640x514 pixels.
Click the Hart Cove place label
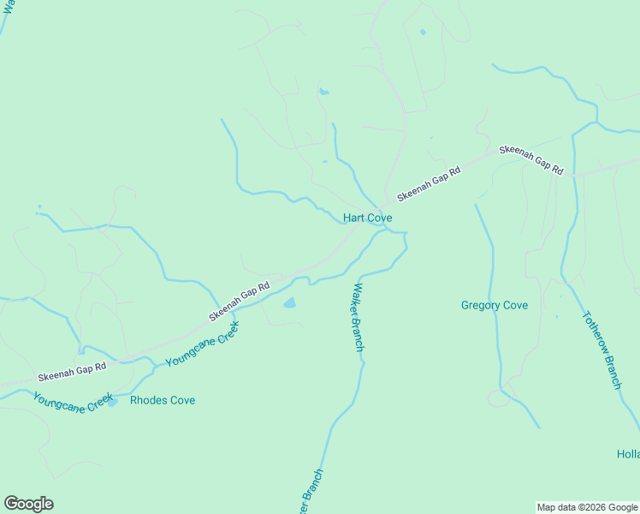point(367,218)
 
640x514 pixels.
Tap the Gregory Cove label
point(494,305)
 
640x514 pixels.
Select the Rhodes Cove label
point(163,400)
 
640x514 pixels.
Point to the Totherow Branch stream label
point(601,350)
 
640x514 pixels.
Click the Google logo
point(28,504)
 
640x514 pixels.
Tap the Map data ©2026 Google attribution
point(586,507)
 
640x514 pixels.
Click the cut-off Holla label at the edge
point(628,454)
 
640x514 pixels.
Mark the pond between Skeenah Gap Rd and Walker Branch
point(289,302)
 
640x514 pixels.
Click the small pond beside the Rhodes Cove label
point(112,403)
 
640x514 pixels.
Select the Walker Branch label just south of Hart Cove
point(358,317)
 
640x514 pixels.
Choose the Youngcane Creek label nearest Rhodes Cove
point(73,402)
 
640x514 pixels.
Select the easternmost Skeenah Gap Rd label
point(531,159)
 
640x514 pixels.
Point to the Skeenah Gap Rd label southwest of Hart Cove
point(240,302)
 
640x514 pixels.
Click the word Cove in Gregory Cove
point(514,305)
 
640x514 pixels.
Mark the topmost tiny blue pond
point(422,33)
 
